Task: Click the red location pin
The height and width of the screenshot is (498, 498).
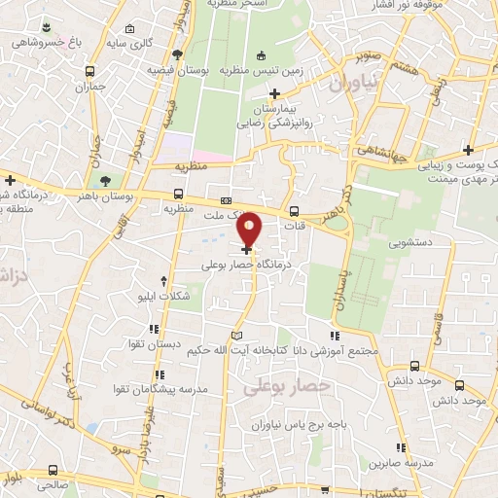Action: pos(250,230)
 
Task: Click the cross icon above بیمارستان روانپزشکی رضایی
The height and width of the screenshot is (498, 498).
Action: pos(275,94)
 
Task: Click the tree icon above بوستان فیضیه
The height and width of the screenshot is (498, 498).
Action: pos(175,55)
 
